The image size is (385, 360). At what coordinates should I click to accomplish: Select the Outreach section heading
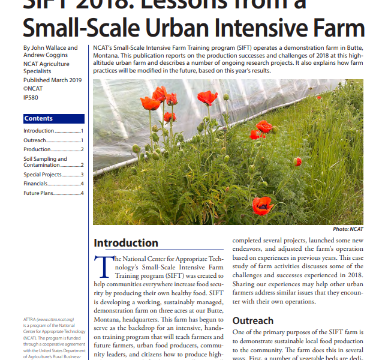click(x=252, y=321)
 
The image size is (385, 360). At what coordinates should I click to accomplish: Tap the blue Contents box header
click(x=38, y=119)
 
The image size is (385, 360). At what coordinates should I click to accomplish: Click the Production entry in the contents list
click(x=37, y=149)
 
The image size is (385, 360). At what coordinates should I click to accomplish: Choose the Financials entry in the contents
click(x=36, y=183)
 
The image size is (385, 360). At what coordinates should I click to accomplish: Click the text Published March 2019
click(x=53, y=80)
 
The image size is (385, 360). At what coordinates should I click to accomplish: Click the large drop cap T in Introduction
click(x=103, y=265)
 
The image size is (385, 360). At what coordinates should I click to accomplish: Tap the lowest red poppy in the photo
click(x=262, y=206)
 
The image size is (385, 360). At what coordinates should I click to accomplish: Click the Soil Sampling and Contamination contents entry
click(x=45, y=162)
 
